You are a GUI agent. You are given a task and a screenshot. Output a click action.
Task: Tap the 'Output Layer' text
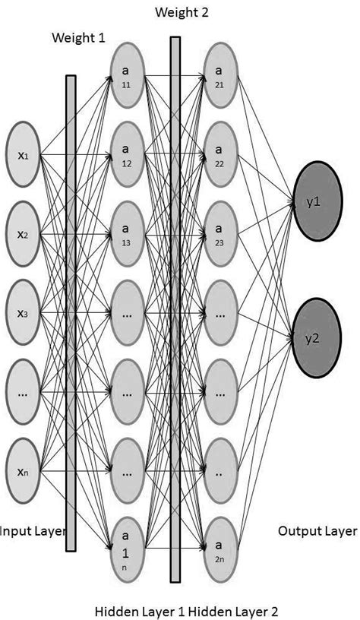pyautogui.click(x=317, y=530)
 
